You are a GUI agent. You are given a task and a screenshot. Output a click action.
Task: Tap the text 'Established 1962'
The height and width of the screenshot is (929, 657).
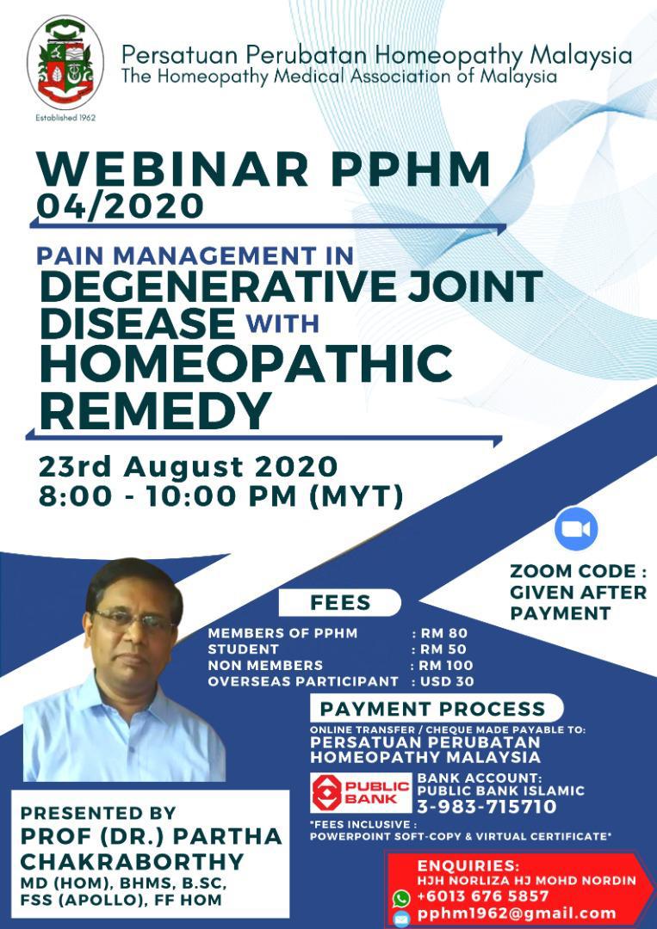[x=65, y=117]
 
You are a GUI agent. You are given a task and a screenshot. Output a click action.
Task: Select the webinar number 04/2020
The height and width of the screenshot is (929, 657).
[x=121, y=206]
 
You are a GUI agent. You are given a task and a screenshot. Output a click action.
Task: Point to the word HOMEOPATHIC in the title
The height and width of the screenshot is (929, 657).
[x=245, y=364]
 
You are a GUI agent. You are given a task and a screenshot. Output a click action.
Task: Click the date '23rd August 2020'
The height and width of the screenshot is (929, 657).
[x=187, y=467]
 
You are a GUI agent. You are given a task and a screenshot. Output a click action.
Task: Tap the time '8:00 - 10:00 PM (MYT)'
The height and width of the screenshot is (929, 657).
[x=220, y=497]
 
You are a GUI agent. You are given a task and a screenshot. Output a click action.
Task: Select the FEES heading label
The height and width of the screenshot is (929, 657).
[x=340, y=602]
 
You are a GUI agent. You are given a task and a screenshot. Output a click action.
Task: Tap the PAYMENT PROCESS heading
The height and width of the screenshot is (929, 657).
[x=433, y=709]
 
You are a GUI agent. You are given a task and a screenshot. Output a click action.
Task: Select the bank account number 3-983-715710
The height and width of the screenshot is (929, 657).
[x=487, y=807]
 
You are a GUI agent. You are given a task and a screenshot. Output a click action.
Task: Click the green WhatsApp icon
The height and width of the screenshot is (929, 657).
[x=400, y=897]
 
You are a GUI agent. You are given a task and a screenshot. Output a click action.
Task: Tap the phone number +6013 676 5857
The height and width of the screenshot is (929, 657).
[x=483, y=896]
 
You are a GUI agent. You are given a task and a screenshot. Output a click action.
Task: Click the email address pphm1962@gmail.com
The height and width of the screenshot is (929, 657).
[x=517, y=914]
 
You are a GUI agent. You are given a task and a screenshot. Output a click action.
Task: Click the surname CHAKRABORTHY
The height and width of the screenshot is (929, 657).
[x=132, y=861]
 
